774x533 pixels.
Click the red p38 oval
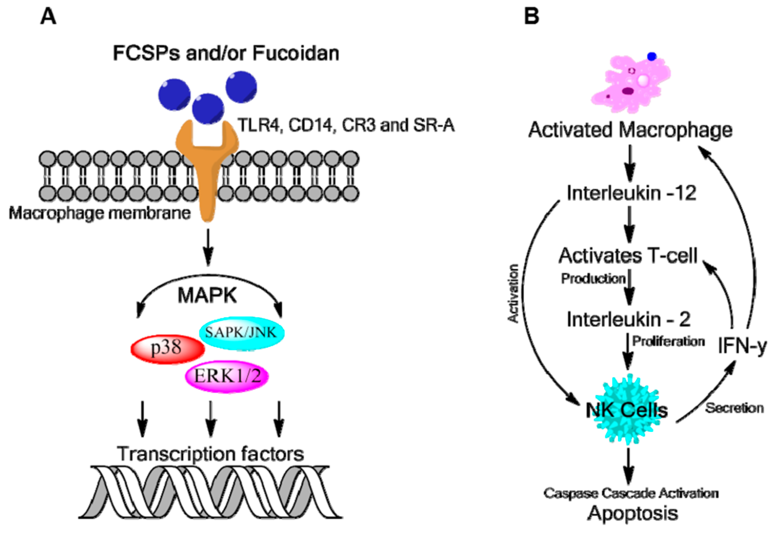coord(167,349)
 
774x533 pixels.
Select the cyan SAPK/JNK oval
coord(242,333)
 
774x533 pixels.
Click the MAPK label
coord(208,295)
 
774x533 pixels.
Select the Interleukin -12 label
coord(632,193)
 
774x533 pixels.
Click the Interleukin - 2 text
coord(629,319)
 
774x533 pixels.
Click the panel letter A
coord(48,16)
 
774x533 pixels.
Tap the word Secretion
coord(734,408)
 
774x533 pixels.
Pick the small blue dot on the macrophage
coord(652,56)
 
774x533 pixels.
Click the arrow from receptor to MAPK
coord(208,247)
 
